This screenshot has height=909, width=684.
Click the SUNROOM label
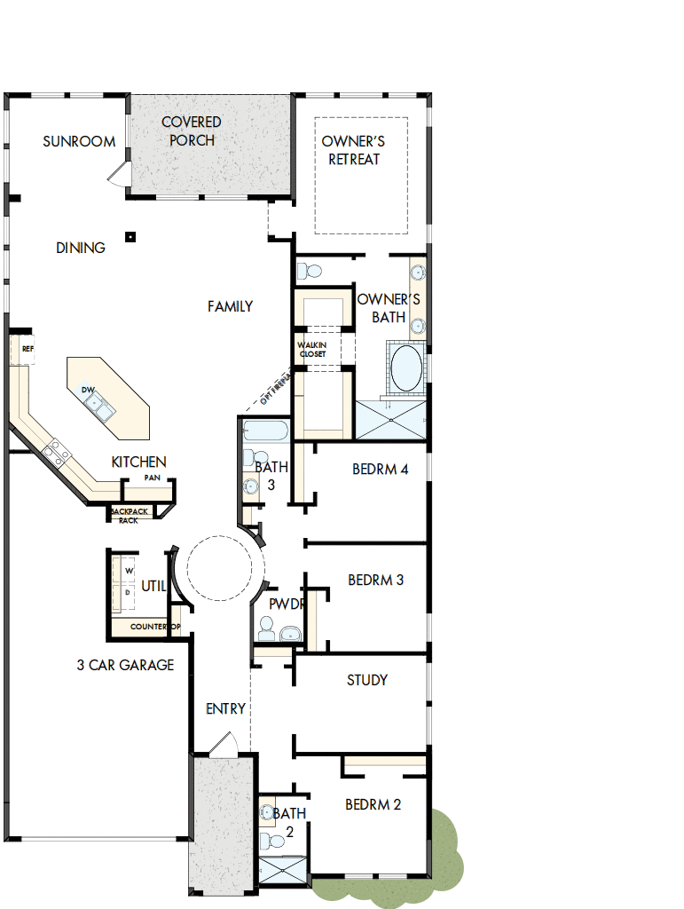pos(79,141)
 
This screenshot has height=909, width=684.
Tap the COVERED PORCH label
pos(192,130)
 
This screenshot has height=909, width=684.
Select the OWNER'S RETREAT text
pos(353,150)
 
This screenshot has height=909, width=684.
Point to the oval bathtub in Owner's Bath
pos(407,368)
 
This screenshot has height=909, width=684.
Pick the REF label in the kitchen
pos(27,349)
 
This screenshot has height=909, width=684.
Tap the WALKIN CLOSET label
pos(311,349)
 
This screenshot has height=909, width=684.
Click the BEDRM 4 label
pos(380,469)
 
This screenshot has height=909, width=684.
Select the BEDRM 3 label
pos(375,580)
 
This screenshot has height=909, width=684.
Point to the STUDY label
pos(366,680)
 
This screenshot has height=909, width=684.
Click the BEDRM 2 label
pos(373,804)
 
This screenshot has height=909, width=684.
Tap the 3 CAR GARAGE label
pos(125,664)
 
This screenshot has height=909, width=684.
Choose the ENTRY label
pos(225,708)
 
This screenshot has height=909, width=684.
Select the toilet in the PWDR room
pos(265,630)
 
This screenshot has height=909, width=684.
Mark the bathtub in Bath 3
pos(265,432)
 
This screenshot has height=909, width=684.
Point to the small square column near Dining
pos(130,236)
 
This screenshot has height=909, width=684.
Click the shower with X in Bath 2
pos(282,869)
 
